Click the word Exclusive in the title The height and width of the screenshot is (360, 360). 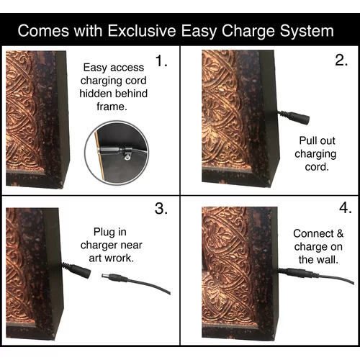(142, 30)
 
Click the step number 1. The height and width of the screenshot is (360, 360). (161, 60)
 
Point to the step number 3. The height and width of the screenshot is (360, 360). (161, 208)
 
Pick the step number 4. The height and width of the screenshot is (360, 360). (346, 207)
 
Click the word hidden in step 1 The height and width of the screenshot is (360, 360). (94, 94)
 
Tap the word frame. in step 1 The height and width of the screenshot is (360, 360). (112, 107)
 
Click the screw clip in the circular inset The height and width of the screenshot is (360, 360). (127, 154)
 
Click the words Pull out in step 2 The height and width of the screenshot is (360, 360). (317, 140)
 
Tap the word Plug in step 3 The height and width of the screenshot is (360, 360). (102, 233)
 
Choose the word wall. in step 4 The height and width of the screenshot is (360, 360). (328, 260)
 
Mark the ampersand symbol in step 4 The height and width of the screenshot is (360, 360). (340, 233)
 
